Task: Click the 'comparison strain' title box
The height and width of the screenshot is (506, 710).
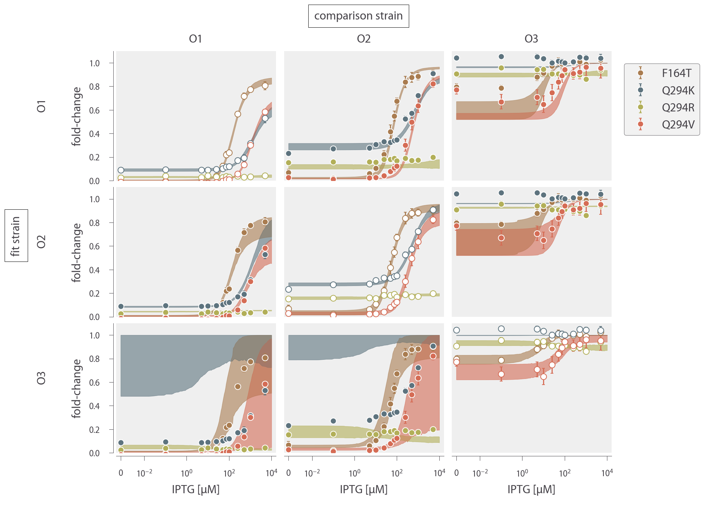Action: point(358,16)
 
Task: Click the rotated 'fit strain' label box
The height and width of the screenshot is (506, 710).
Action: point(16,236)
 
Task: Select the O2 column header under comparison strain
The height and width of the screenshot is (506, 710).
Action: point(364,39)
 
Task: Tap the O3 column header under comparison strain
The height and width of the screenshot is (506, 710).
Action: point(531,39)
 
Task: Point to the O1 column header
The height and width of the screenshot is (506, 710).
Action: point(195,39)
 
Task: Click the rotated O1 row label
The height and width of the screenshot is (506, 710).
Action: point(42,106)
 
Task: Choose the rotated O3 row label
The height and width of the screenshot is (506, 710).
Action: point(42,378)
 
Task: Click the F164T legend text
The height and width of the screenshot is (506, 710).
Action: point(677,73)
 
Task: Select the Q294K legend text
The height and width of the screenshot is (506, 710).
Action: point(678,90)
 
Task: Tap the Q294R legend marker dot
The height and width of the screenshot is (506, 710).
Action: point(640,107)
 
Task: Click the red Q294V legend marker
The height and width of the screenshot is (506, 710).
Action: point(640,124)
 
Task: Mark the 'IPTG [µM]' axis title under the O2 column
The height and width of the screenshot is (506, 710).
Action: point(364,489)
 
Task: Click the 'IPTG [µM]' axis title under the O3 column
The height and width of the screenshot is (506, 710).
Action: point(531,489)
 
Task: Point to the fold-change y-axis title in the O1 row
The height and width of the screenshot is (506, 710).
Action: point(77,116)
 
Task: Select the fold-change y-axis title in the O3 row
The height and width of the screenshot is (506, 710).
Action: point(77,389)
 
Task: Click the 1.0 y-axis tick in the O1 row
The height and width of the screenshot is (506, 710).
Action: point(94,63)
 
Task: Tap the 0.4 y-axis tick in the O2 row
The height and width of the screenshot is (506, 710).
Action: point(94,270)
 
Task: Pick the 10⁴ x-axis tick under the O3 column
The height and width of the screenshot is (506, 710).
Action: point(607,473)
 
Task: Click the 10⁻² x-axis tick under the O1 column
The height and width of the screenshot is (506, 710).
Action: point(145,473)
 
